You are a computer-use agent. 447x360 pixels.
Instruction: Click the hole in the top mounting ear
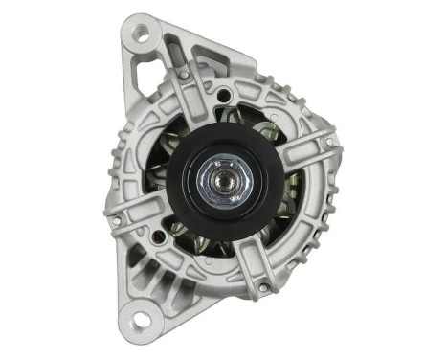[x=141, y=34]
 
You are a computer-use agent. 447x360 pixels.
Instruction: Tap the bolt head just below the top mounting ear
[x=182, y=74]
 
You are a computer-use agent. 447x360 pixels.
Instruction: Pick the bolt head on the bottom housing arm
[x=259, y=283]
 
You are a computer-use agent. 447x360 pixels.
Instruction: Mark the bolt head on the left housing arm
[x=117, y=220]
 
